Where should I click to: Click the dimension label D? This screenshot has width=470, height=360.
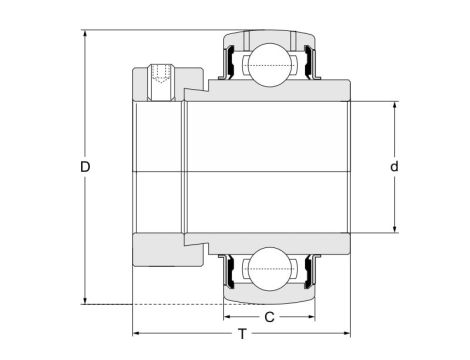[85, 169]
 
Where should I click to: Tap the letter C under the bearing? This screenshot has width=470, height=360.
[269, 318]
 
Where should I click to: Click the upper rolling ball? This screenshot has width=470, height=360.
[268, 65]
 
